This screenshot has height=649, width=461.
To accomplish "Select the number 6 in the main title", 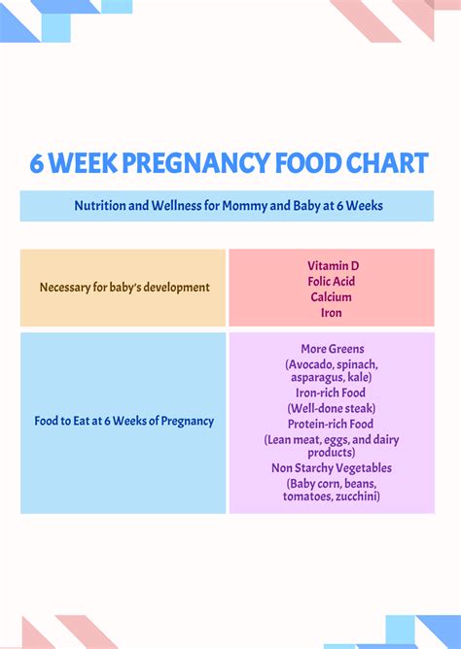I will [36, 163].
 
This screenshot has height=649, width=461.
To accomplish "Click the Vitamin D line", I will [332, 265].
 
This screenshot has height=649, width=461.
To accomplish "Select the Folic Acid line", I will [332, 281].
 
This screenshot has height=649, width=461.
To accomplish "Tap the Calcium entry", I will [332, 296].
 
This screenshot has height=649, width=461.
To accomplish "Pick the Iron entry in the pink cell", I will [332, 313].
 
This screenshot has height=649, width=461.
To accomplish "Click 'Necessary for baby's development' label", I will [124, 287].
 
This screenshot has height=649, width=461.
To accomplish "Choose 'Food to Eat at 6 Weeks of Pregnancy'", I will [124, 421].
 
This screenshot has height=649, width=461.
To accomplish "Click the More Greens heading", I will [332, 349].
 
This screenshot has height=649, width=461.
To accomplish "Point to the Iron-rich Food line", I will [332, 393].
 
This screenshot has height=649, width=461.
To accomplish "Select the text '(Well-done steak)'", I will [332, 408].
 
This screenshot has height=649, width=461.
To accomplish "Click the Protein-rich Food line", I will [332, 424].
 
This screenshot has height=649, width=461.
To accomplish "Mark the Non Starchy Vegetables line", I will [332, 467].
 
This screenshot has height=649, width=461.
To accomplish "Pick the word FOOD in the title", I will [303, 163].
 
